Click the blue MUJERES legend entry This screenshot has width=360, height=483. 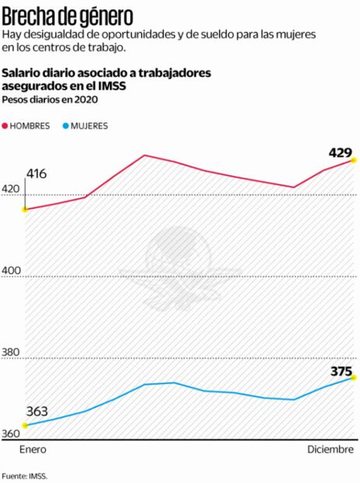[x=86, y=125]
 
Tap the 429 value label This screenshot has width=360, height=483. [x=341, y=153]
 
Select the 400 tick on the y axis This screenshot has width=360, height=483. [x=13, y=270]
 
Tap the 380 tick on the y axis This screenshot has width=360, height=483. [x=13, y=352]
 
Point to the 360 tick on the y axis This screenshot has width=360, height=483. [x=13, y=434]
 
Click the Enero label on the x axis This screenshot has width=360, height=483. [x=34, y=450]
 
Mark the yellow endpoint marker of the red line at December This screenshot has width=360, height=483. [x=354, y=160]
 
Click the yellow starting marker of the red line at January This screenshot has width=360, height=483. [x=25, y=210]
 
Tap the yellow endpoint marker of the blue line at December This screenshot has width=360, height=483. [x=354, y=378]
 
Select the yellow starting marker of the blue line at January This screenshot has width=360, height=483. [x=25, y=425]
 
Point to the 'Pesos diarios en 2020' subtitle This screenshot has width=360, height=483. [x=50, y=99]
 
